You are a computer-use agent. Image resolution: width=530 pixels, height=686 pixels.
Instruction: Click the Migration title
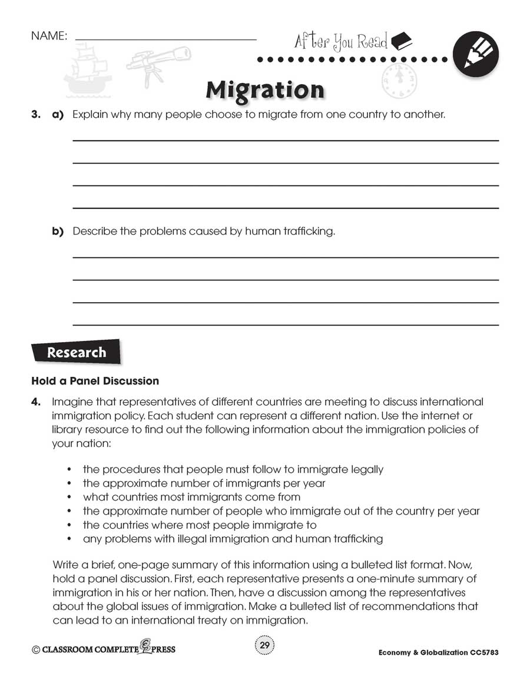(265, 90)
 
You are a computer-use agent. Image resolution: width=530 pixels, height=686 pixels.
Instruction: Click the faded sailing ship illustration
(87, 71)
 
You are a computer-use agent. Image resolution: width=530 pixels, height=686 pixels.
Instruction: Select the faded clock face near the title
(396, 82)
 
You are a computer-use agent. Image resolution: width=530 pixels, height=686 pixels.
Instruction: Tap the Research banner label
(76, 353)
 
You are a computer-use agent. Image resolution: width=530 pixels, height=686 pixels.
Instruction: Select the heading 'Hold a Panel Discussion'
(95, 381)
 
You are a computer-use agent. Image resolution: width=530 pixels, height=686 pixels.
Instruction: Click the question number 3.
(35, 115)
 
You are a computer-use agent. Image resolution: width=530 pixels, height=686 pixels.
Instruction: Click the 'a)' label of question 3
(58, 115)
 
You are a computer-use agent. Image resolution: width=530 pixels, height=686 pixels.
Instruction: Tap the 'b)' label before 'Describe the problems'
(58, 231)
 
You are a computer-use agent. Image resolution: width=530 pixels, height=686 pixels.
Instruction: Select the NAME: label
(49, 37)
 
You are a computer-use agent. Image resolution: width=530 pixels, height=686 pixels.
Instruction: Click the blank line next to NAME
(166, 39)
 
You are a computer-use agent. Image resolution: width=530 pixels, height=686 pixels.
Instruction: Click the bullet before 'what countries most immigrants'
(69, 498)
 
